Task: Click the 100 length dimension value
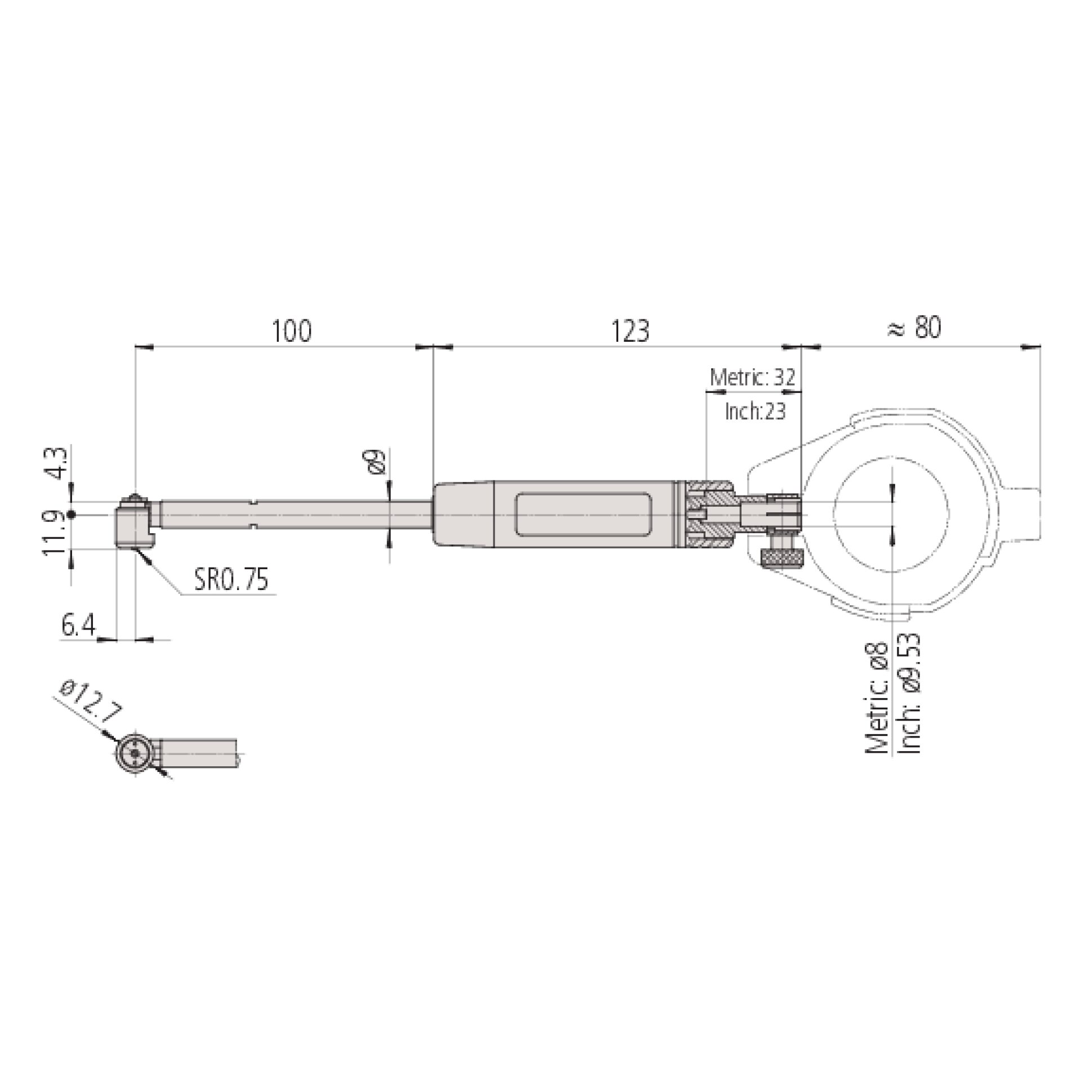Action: click(292, 331)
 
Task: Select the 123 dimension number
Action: click(630, 331)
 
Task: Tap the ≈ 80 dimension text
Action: click(914, 328)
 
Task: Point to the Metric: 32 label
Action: click(753, 377)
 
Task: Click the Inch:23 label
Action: click(755, 412)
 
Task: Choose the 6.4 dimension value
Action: click(78, 626)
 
